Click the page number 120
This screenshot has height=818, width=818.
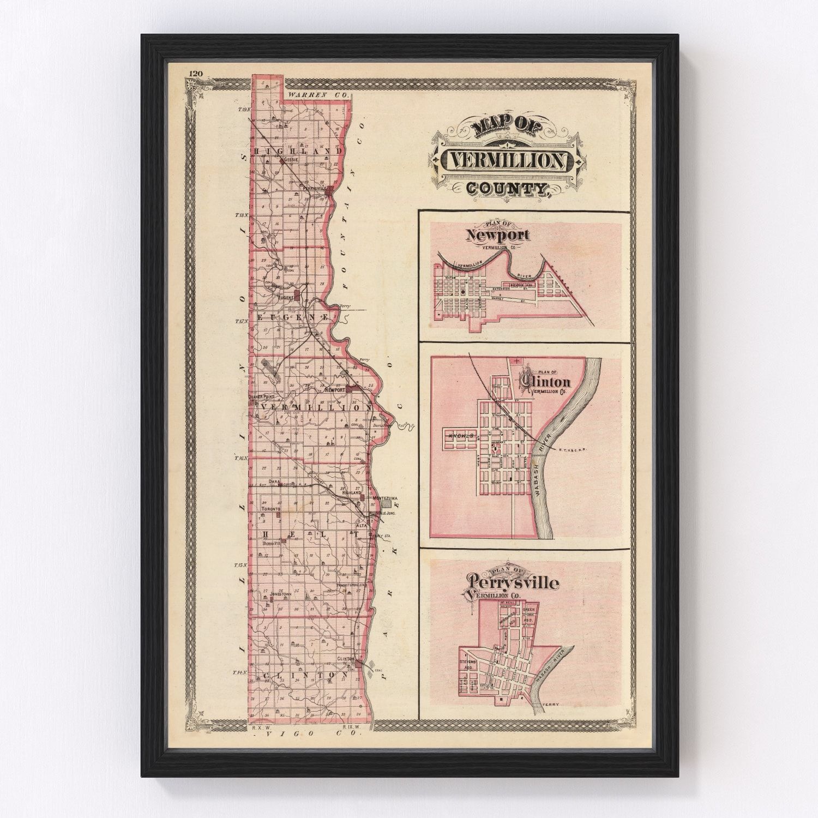(x=195, y=74)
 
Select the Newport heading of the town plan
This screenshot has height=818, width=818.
(x=497, y=235)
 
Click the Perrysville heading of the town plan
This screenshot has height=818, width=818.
(x=512, y=583)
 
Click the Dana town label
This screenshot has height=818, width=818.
(x=274, y=481)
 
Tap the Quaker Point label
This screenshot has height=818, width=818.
(x=261, y=396)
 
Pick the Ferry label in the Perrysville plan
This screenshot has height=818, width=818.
(x=552, y=705)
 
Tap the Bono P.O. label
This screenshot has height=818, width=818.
(x=270, y=543)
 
